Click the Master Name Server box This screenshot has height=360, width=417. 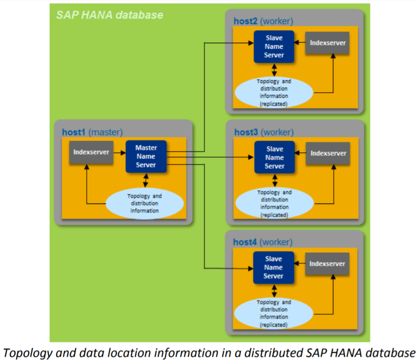click(x=146, y=157)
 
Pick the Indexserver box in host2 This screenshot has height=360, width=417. click(x=328, y=43)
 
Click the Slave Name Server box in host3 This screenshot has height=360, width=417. click(x=274, y=158)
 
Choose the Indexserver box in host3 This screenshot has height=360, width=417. click(x=328, y=153)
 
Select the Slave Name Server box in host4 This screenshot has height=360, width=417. click(x=273, y=267)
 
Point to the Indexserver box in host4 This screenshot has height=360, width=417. click(x=327, y=264)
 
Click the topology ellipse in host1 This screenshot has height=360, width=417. click(x=145, y=203)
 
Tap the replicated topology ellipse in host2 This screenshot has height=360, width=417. click(x=274, y=93)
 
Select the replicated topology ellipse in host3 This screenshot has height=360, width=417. click(x=274, y=203)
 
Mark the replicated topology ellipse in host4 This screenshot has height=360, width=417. click(x=274, y=314)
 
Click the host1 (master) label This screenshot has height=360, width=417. click(x=92, y=133)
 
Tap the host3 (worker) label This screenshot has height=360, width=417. click(x=264, y=133)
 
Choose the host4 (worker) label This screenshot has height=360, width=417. click(x=263, y=242)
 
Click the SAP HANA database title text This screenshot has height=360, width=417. click(x=109, y=15)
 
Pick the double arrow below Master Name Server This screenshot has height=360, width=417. click(x=146, y=179)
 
